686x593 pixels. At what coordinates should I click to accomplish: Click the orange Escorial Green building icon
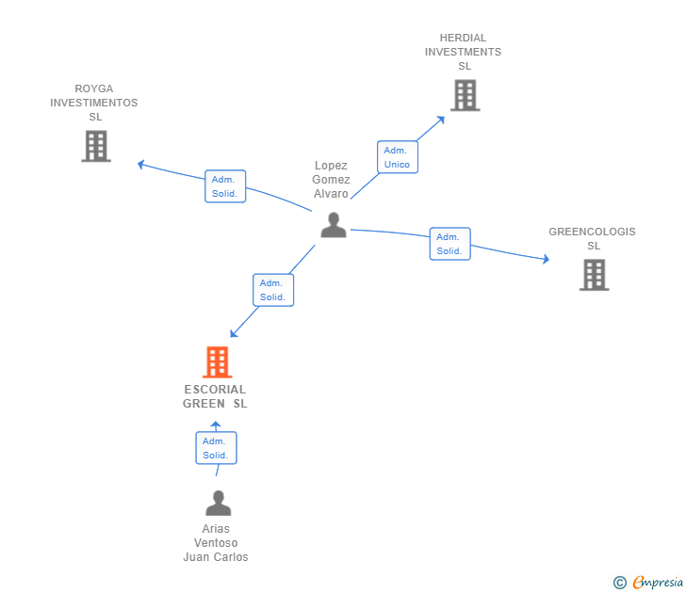click(217, 361)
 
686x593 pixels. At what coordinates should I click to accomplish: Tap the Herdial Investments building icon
click(465, 95)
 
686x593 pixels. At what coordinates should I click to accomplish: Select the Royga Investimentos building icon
click(96, 146)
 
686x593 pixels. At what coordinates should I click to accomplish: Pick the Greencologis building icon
click(594, 275)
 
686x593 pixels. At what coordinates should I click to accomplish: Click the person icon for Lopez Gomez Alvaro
click(334, 225)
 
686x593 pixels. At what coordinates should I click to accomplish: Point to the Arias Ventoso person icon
click(219, 503)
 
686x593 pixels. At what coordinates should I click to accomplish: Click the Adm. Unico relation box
click(398, 157)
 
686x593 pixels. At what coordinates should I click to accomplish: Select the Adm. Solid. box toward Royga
click(225, 186)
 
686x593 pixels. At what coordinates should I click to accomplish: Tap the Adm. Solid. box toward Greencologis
click(449, 244)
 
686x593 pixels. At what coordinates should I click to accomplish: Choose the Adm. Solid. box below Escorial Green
click(216, 448)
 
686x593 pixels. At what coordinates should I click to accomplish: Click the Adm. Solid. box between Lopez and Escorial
click(273, 290)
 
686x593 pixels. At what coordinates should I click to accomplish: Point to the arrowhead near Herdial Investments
click(442, 120)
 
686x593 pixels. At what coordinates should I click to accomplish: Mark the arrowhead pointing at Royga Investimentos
click(140, 165)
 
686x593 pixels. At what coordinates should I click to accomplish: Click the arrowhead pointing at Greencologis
click(547, 259)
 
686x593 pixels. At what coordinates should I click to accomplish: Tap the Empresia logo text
click(658, 582)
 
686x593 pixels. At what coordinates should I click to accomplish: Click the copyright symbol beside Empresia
click(619, 583)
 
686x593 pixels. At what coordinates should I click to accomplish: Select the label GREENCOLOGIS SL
click(592, 238)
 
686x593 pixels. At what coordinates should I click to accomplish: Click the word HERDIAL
click(463, 38)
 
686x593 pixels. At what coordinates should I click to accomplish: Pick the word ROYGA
click(94, 88)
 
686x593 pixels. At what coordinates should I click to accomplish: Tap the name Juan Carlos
click(216, 557)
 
